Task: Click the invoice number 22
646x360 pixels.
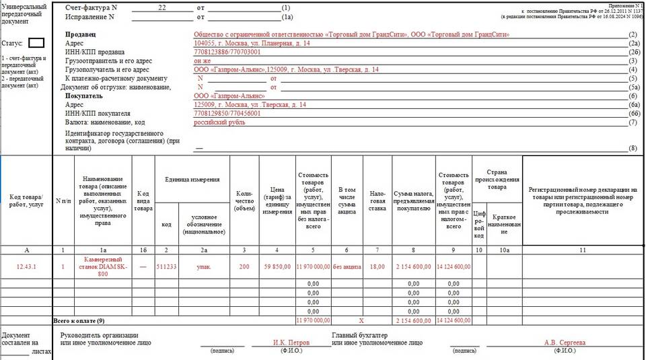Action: [161, 7]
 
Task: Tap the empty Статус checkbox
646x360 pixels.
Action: [36, 42]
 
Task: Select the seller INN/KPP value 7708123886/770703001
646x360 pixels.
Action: [227, 52]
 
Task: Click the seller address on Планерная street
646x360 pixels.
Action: [252, 43]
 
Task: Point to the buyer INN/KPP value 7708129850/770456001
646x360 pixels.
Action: [227, 114]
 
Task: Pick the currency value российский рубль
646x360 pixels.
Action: [220, 122]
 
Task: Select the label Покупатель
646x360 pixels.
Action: [83, 96]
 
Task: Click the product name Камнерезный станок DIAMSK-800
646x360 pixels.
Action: [102, 266]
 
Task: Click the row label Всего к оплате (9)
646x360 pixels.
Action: [79, 321]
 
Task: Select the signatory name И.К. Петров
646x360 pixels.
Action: [291, 343]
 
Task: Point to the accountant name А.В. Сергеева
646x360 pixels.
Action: [565, 343]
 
